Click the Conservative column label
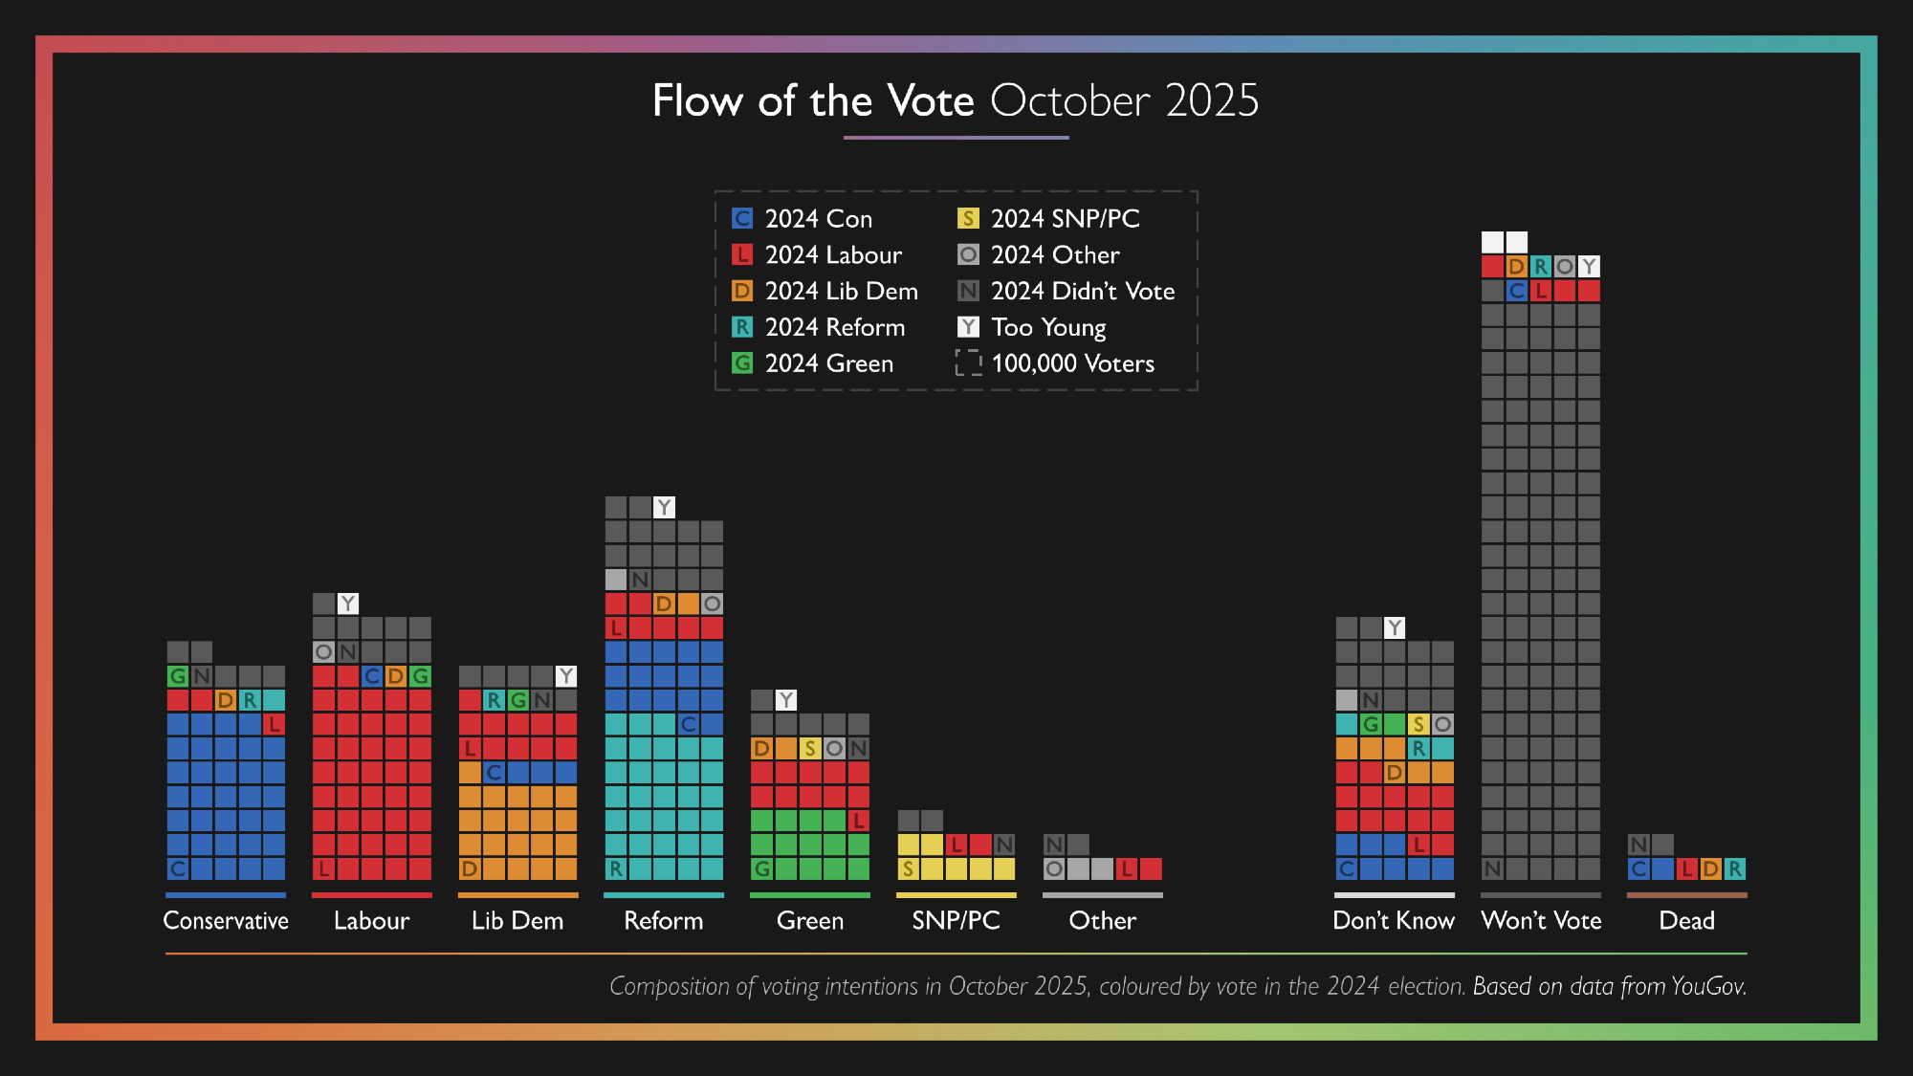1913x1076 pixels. tap(226, 920)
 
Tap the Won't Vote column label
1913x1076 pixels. tap(1541, 920)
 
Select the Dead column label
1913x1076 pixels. tap(1686, 920)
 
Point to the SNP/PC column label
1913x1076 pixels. tap(956, 920)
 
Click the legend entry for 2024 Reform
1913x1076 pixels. tap(819, 327)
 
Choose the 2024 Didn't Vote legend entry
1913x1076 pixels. tap(1066, 291)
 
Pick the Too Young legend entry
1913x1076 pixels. tap(1032, 327)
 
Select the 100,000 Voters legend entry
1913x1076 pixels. tap(1056, 363)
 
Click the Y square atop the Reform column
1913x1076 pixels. tap(664, 507)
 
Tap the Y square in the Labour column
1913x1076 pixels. tap(348, 604)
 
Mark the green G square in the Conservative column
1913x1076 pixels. tap(178, 676)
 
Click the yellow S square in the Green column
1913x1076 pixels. tap(810, 748)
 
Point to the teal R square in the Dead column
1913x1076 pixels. tap(1734, 868)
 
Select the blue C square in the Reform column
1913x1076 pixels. tap(689, 724)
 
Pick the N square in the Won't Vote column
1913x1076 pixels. tap(1492, 868)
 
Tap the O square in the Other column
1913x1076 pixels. tap(1054, 868)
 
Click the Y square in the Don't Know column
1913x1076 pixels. tap(1395, 627)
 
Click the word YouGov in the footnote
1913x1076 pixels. tap(1708, 986)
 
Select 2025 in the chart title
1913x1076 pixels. tap(1212, 100)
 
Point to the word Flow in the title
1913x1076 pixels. tap(697, 100)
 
